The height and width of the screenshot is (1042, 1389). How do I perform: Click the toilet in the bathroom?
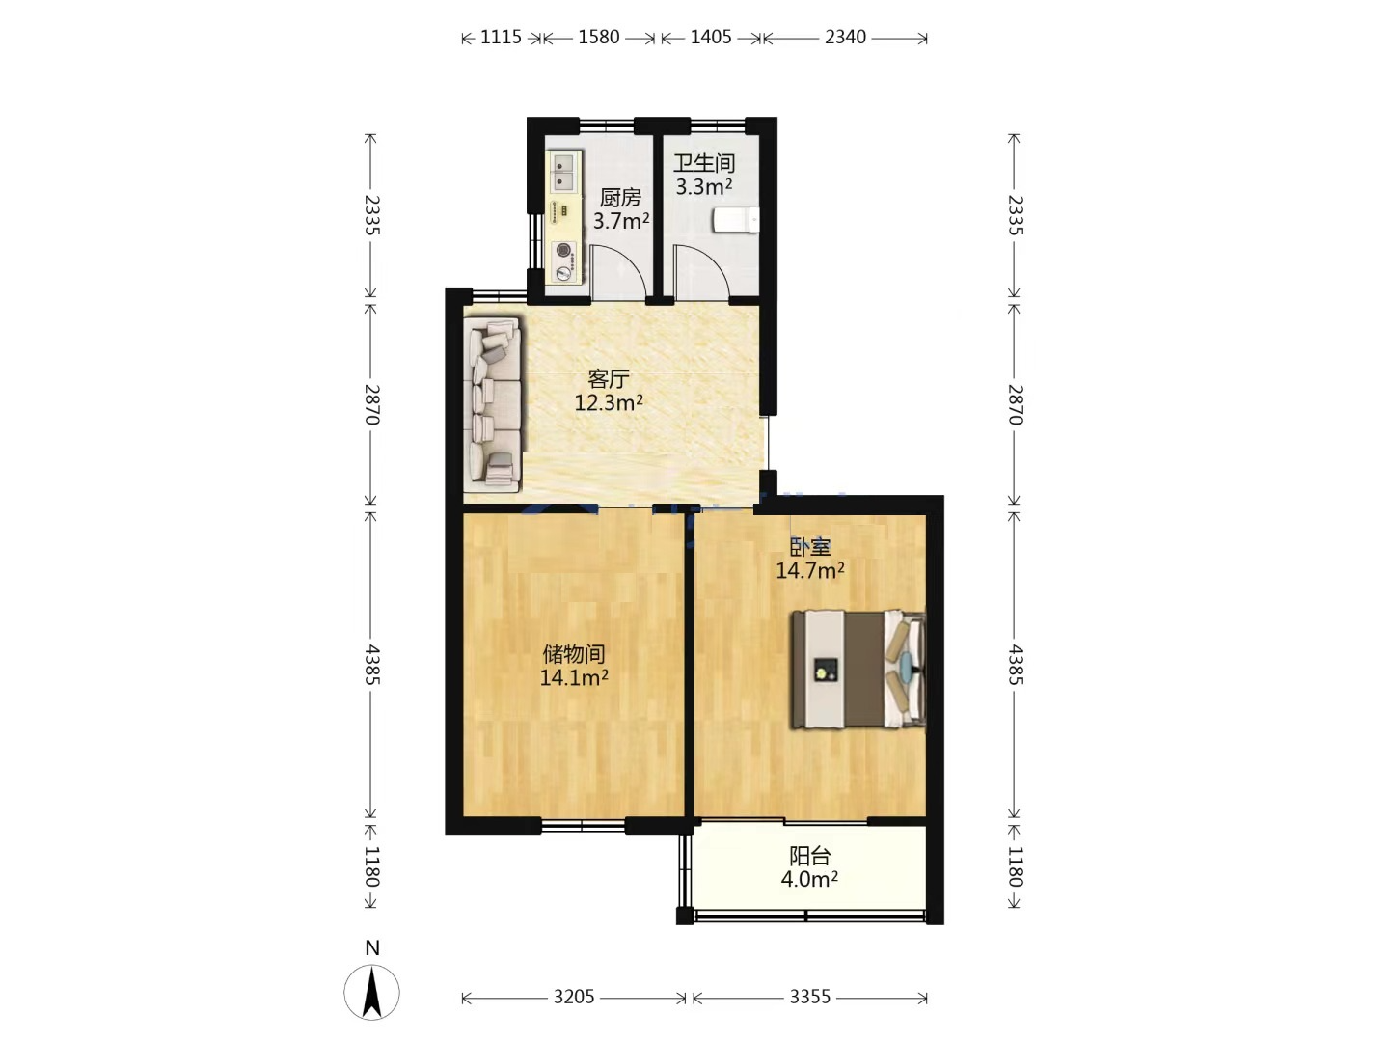coord(736,220)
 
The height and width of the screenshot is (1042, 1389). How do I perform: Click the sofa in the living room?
coord(492,404)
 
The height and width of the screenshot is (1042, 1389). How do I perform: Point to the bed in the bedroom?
coord(858,670)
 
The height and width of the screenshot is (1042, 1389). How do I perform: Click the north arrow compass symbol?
coord(371,992)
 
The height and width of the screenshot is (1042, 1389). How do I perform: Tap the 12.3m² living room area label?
coord(609,402)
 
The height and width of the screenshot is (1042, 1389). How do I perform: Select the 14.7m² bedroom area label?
coord(810,570)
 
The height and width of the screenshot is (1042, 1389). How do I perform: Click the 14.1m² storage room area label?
coord(574,677)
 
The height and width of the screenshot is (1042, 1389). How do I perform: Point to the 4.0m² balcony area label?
coord(809,879)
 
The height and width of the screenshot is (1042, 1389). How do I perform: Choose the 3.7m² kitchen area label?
coord(621,221)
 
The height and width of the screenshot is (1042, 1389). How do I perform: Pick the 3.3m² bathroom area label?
coord(704,186)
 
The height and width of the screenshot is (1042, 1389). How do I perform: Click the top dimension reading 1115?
coord(502,38)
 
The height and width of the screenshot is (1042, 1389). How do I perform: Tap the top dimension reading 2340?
coord(845,38)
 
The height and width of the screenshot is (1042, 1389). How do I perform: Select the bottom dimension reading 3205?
coord(574,997)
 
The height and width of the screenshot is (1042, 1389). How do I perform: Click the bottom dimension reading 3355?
coord(810,997)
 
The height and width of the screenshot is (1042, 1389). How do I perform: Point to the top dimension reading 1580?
coord(599,38)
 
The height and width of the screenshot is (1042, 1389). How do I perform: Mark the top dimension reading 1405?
coord(711,38)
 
